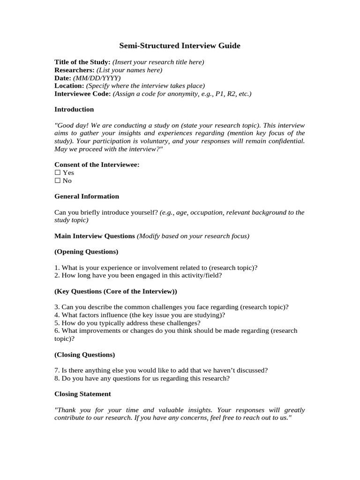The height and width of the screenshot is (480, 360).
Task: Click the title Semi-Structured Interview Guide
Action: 180,46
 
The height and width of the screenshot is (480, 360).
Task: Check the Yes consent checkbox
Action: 58,172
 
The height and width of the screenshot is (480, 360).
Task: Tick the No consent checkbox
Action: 58,180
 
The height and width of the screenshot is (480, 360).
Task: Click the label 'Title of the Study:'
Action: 82,62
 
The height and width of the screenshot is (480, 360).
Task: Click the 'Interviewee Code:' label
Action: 82,94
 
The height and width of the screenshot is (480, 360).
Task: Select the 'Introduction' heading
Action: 74,109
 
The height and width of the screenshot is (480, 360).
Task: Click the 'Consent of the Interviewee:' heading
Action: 97,165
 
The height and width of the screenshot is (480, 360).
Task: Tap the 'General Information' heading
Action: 87,196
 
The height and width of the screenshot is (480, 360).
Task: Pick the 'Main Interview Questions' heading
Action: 95,236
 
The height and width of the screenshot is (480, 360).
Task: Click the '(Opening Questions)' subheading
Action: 86,252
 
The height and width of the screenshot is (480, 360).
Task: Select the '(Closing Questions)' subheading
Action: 85,355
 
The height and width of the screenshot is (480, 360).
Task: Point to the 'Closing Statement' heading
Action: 82,394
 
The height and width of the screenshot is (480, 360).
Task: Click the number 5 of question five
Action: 56,323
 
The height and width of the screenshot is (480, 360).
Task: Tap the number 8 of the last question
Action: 56,378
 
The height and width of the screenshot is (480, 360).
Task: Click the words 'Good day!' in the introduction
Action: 72,125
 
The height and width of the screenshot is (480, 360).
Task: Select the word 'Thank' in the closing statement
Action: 66,410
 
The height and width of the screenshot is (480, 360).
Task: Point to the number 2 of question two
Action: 56,276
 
